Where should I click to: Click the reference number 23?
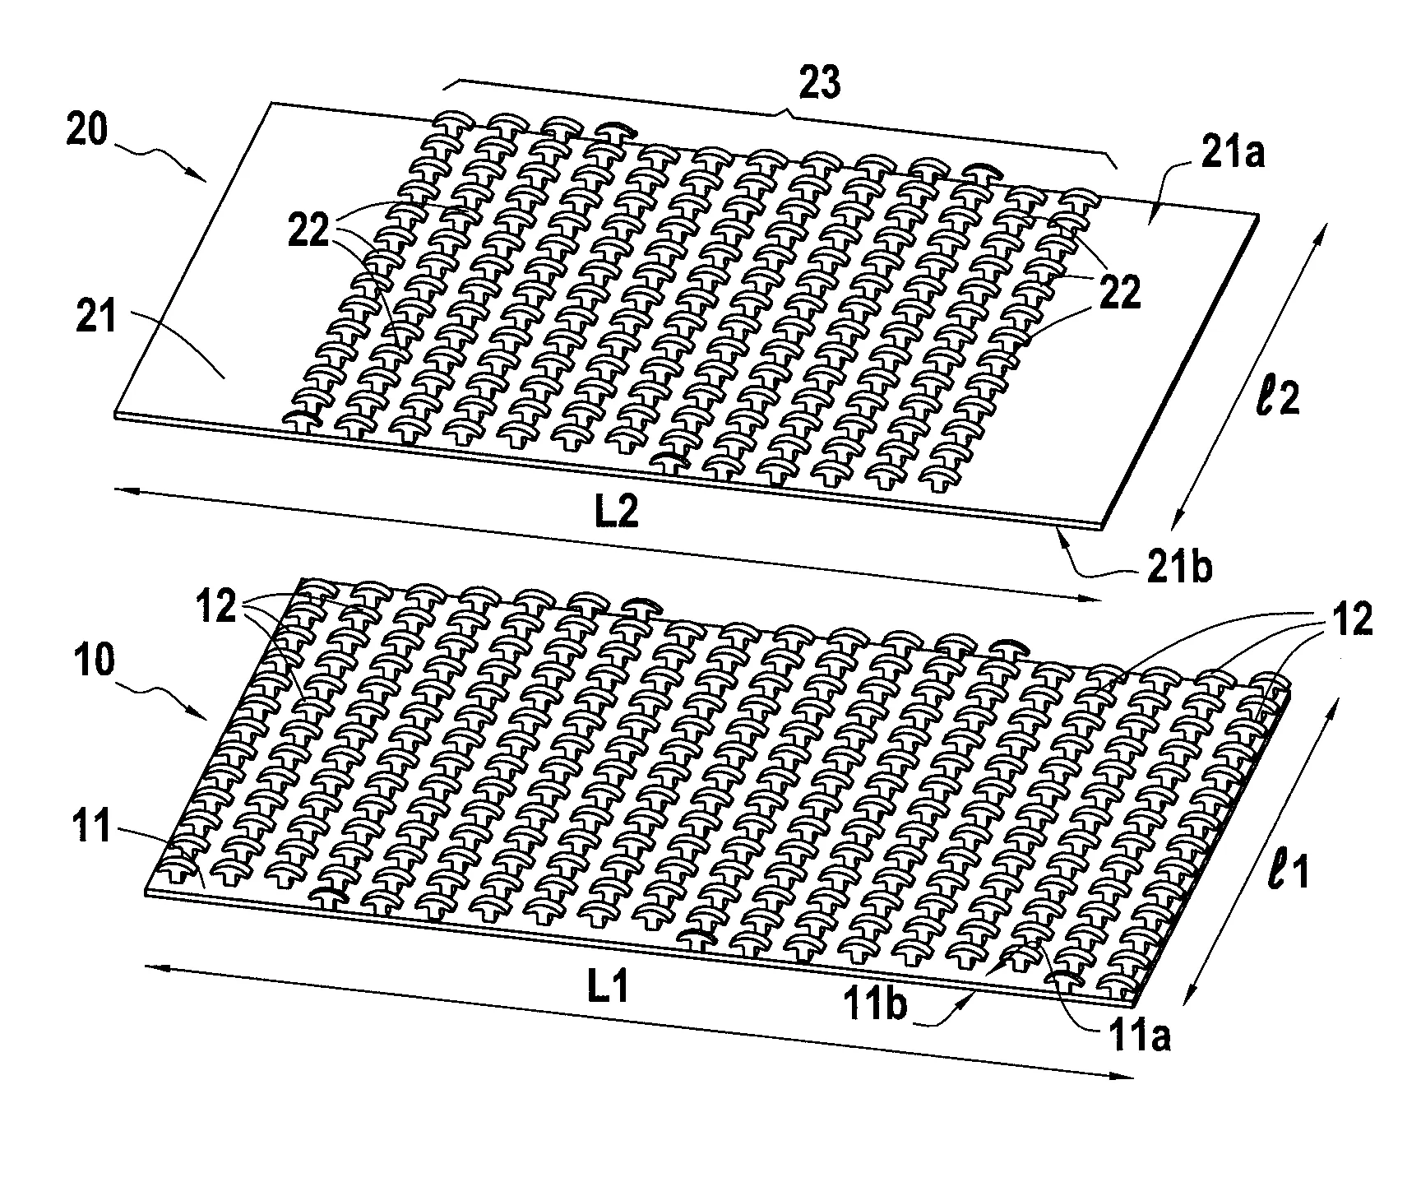(820, 85)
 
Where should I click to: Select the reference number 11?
(92, 827)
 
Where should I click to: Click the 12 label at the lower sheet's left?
(217, 610)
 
